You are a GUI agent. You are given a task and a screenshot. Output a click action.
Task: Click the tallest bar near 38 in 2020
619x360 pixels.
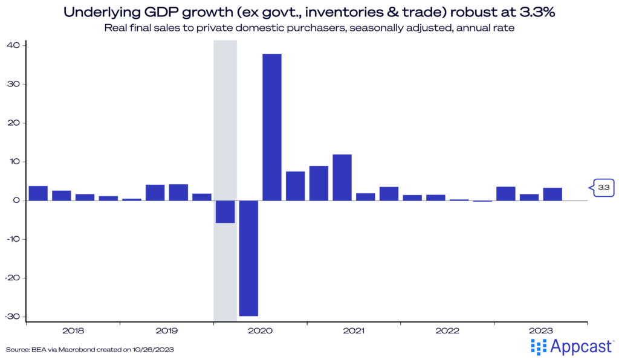coord(271,127)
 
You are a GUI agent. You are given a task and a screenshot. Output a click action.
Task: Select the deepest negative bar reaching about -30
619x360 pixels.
coord(248,258)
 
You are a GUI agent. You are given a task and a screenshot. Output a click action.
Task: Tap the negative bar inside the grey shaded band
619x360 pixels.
coord(225,211)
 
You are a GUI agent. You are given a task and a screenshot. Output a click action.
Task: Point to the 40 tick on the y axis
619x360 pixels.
coord(14,45)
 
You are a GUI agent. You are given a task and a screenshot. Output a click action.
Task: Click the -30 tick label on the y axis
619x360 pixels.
coord(13,317)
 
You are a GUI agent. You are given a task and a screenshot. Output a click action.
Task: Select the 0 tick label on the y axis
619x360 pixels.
coord(18,201)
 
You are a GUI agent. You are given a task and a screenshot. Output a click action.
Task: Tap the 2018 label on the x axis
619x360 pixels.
coord(73,331)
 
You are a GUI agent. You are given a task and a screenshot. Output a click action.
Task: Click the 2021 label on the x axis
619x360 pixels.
coord(354,331)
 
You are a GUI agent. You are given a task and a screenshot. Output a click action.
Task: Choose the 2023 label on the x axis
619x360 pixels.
coord(540,331)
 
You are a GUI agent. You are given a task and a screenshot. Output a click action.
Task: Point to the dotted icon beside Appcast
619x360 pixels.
coord(538,346)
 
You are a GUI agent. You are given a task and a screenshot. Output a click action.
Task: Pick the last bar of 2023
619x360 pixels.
coord(553,194)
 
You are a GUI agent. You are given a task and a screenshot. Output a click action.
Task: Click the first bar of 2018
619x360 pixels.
coord(38,193)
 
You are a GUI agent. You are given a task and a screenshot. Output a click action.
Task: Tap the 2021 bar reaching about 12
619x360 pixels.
coord(342,178)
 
